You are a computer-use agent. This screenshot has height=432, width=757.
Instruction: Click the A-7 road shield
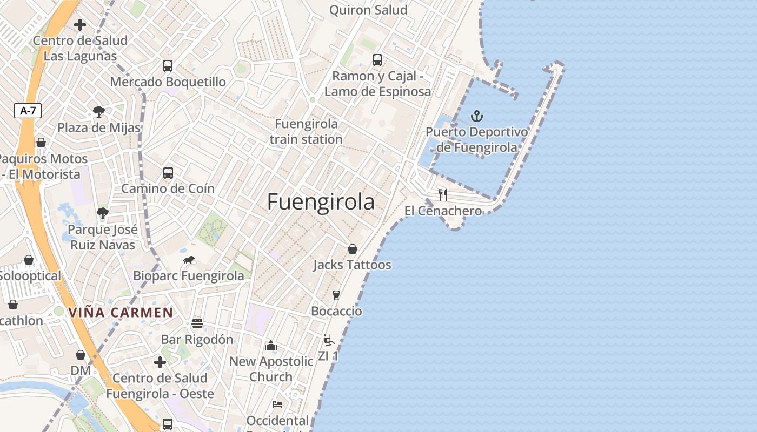(28, 111)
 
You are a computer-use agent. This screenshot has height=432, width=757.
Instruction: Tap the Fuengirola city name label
(321, 201)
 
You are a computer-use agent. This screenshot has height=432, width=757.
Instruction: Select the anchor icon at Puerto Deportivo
(476, 116)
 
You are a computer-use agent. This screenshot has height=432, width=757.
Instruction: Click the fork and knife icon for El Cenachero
(443, 194)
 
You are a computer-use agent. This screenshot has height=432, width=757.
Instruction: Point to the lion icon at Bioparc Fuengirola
(189, 260)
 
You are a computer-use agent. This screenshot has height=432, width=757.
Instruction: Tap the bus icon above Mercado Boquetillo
(168, 66)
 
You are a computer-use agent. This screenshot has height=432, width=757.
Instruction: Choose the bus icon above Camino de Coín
(168, 173)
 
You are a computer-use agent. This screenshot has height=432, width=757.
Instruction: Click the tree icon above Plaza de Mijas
(98, 112)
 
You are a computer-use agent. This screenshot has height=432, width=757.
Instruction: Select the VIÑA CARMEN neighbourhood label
(121, 312)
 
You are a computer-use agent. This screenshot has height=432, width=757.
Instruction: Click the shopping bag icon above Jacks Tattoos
(353, 249)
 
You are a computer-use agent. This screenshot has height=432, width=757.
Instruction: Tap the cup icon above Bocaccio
(336, 295)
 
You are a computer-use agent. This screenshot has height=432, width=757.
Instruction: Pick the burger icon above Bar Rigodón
(197, 323)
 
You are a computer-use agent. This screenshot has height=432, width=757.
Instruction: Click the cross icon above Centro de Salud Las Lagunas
(80, 25)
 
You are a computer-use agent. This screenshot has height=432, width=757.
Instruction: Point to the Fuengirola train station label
(306, 131)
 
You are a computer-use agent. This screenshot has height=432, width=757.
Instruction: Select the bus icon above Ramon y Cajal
(377, 60)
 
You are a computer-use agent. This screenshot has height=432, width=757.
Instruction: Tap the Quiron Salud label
(368, 10)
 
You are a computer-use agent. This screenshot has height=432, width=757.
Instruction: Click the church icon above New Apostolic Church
(271, 346)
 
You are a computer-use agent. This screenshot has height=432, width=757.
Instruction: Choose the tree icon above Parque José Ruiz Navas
(103, 213)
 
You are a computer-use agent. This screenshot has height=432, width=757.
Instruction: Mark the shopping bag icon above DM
(81, 355)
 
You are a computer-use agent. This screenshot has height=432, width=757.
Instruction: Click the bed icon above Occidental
(277, 404)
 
